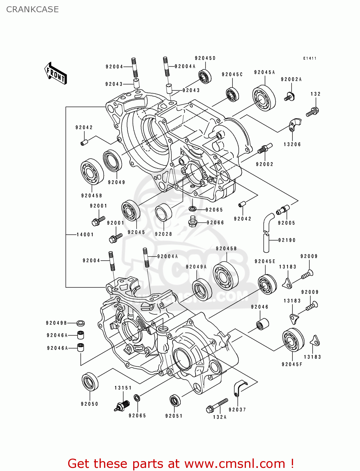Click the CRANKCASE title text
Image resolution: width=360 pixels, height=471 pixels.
pyautogui.click(x=32, y=9)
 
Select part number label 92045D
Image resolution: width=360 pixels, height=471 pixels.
pyautogui.click(x=205, y=58)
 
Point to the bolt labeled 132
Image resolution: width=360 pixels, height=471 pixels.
pyautogui.click(x=313, y=111)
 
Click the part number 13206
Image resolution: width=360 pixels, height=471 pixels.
pyautogui.click(x=292, y=144)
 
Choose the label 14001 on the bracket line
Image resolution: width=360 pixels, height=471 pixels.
pyautogui.click(x=85, y=235)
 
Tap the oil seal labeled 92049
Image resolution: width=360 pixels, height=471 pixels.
pyautogui.click(x=112, y=161)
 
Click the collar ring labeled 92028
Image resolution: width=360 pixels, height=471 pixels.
pyautogui.click(x=164, y=213)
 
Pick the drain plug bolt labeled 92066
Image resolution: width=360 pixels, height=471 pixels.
pyautogui.click(x=192, y=222)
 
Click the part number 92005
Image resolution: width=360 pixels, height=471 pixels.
pyautogui.click(x=286, y=223)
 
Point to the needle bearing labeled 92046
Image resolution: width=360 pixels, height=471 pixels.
pyautogui.click(x=263, y=324)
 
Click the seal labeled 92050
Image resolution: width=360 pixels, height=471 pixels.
pyautogui.click(x=90, y=382)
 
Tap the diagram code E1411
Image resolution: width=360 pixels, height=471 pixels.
pyautogui.click(x=310, y=58)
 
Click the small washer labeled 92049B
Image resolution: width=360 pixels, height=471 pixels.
pyautogui.click(x=81, y=323)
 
